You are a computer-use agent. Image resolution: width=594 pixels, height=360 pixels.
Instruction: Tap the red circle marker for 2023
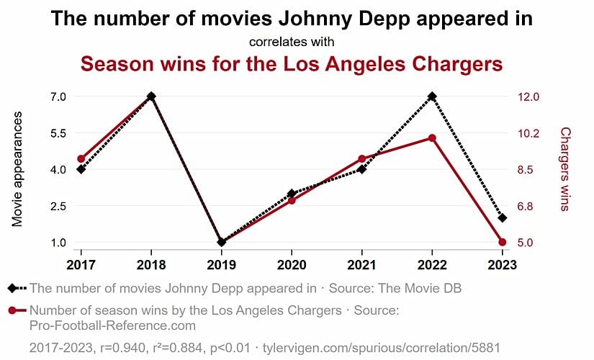(502, 242)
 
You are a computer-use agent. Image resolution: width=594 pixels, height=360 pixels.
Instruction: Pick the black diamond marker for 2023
(502, 217)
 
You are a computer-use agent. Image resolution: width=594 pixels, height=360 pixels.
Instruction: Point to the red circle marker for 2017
(81, 159)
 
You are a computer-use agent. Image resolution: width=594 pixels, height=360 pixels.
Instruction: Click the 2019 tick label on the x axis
(221, 264)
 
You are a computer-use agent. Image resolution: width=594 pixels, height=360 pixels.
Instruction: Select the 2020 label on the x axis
(292, 264)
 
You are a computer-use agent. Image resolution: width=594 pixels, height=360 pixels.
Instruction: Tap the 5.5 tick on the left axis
(57, 133)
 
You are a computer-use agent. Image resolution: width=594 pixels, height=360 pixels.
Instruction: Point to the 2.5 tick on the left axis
(57, 206)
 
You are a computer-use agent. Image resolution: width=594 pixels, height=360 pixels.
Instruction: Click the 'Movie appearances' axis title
(18, 169)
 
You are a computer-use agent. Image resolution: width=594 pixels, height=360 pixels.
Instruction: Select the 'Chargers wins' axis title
(565, 169)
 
